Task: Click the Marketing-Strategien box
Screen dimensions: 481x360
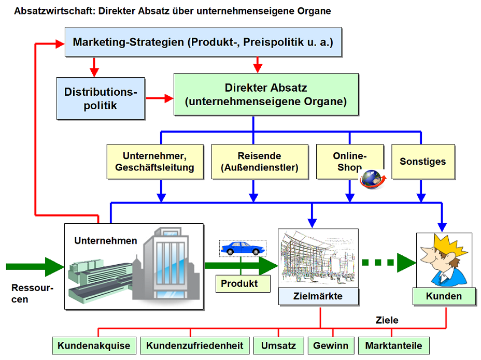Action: [x=203, y=42]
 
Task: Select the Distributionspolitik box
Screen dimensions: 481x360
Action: [x=101, y=98]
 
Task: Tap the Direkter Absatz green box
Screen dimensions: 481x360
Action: [x=266, y=94]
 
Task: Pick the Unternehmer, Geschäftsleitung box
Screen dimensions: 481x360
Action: [x=155, y=162]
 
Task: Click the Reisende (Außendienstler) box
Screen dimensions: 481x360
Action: [x=260, y=162]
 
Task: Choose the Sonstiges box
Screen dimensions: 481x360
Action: [x=423, y=162]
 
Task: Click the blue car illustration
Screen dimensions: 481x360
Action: [x=243, y=249]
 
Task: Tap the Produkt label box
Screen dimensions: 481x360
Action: [x=243, y=284]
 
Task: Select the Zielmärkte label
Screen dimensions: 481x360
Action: [x=318, y=296]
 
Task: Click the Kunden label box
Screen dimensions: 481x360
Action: [x=444, y=296]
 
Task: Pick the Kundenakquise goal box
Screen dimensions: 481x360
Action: [x=94, y=345]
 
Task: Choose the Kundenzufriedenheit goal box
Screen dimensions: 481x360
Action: [x=194, y=345]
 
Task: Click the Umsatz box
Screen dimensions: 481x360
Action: [x=278, y=345]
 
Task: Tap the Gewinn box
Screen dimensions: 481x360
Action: [x=331, y=345]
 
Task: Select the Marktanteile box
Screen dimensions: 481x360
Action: [x=393, y=345]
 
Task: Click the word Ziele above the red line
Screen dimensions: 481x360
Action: [x=387, y=320]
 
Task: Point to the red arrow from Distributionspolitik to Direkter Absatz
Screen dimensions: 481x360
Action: [x=160, y=98]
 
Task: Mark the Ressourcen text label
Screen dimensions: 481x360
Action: [x=32, y=294]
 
